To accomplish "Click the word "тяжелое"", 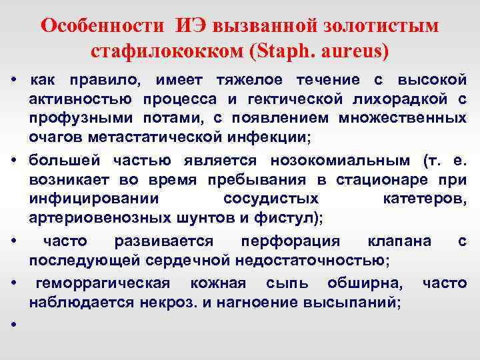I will point(245,81).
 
